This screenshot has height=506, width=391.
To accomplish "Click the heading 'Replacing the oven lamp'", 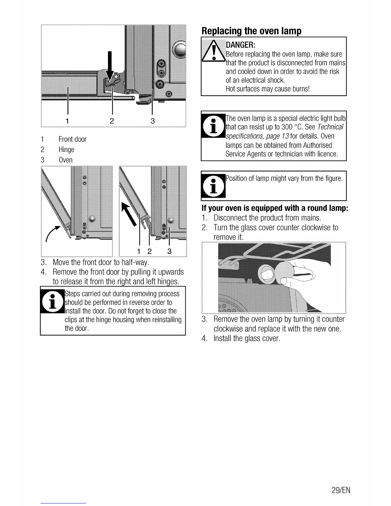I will coord(251,31).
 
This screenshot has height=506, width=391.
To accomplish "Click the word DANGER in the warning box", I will coord(240,44).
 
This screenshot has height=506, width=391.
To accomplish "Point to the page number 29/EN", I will coord(341,490).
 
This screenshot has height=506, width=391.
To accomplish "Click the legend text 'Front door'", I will coord(73,139).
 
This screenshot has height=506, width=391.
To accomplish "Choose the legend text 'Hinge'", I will coord(66,149).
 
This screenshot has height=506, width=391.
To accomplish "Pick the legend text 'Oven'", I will coord(65,160).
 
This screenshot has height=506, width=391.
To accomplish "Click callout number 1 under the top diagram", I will coord(67,121).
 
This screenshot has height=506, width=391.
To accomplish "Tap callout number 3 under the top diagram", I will coord(152,121).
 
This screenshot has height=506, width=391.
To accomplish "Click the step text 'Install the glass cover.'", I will coord(247,339).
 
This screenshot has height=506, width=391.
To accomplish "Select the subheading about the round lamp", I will coord(275,208).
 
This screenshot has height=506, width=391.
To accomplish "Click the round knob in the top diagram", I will coord(180,50).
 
